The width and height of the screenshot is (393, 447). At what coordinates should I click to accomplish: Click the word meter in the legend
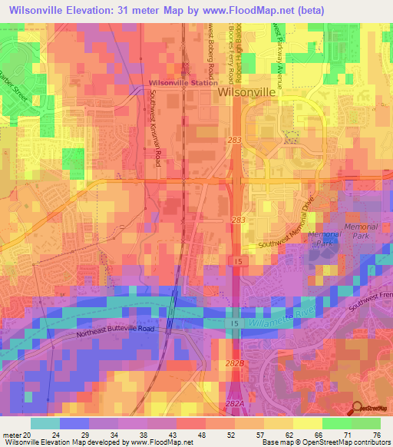(12, 435)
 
